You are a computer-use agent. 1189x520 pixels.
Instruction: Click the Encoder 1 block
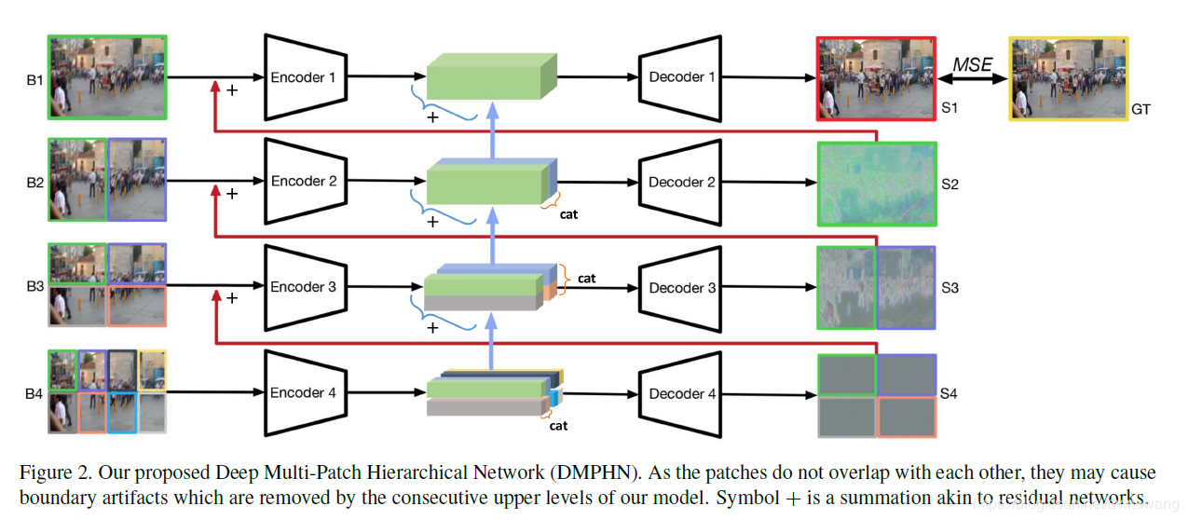[x=303, y=77]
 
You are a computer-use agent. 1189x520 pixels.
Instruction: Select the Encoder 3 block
[x=303, y=287]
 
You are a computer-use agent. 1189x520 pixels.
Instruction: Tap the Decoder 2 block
[x=681, y=183]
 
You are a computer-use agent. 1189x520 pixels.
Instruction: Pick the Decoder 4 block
[x=681, y=393]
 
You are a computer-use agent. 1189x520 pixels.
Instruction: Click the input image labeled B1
[x=107, y=77]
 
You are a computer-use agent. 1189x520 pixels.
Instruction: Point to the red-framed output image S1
[x=876, y=79]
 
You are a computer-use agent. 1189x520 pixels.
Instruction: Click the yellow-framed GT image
[x=1068, y=79]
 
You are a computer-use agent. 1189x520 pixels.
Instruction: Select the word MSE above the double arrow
[x=972, y=64]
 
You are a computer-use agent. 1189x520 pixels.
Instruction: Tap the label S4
[x=949, y=394]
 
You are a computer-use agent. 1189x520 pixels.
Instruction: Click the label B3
[x=34, y=287]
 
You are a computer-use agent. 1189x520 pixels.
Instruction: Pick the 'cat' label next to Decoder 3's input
[x=587, y=278]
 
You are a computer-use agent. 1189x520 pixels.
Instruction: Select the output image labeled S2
[x=876, y=184]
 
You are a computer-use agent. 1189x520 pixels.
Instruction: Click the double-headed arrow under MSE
[x=972, y=81]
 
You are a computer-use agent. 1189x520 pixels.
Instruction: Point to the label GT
[x=1141, y=109]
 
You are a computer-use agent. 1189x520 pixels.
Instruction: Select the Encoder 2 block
[x=303, y=182]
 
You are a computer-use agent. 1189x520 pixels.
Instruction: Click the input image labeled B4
[x=107, y=392]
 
